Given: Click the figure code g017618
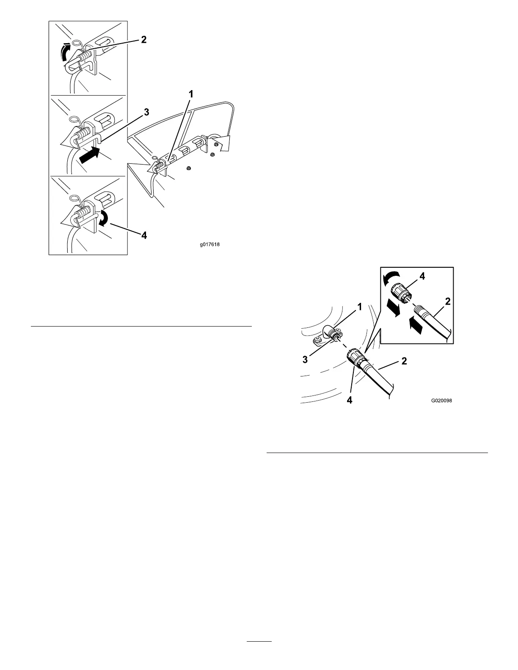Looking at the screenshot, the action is pyautogui.click(x=210, y=244).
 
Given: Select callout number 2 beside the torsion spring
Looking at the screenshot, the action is pyautogui.click(x=144, y=40).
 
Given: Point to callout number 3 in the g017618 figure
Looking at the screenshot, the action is pyautogui.click(x=146, y=113).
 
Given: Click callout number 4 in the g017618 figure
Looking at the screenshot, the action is pyautogui.click(x=144, y=235).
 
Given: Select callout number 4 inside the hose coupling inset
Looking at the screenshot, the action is pyautogui.click(x=422, y=277).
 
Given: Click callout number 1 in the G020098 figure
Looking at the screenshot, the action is pyautogui.click(x=359, y=307).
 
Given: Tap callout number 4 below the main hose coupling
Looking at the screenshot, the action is pyautogui.click(x=349, y=399).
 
